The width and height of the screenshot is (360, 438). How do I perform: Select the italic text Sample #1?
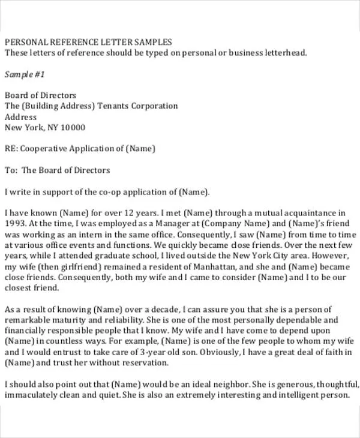[25, 74]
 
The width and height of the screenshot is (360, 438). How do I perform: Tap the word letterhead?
[284, 53]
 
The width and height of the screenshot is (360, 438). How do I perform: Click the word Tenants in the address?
[115, 106]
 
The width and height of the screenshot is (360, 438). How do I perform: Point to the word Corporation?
[155, 106]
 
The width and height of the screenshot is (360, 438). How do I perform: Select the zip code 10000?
[73, 128]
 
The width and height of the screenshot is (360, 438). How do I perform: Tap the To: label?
[11, 170]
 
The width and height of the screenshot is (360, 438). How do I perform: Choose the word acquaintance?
[299, 213]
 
